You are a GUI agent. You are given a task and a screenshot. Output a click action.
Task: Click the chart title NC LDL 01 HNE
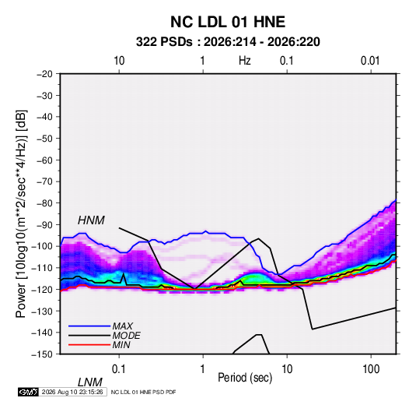tap(228, 22)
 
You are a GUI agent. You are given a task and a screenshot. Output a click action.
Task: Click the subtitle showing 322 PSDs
tap(228, 42)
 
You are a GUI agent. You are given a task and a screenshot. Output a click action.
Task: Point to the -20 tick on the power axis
tap(44, 74)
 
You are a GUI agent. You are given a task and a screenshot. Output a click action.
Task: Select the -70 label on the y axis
tap(44, 181)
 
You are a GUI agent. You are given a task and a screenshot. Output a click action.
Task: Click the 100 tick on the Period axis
tap(371, 369)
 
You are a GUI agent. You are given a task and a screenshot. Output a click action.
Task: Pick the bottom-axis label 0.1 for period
tap(119, 369)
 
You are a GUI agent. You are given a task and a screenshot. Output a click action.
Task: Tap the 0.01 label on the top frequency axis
tap(370, 61)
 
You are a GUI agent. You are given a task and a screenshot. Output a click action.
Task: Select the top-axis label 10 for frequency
tap(119, 61)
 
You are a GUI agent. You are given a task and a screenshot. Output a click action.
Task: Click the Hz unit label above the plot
tap(245, 61)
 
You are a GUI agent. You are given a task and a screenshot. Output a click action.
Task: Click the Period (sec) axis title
tap(245, 378)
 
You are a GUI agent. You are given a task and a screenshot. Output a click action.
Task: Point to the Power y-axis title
tap(21, 213)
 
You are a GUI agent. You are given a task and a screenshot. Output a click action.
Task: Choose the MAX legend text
tap(122, 326)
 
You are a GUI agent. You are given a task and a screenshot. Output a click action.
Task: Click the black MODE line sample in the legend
tap(89, 336)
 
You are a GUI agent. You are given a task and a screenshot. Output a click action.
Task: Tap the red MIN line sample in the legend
tap(89, 345)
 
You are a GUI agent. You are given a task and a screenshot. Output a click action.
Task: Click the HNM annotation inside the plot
tap(91, 220)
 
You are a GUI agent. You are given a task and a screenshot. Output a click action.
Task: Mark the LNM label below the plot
tap(90, 382)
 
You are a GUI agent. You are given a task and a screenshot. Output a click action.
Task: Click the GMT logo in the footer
tap(29, 392)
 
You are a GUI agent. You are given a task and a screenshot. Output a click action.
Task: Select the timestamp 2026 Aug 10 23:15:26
tap(72, 392)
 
